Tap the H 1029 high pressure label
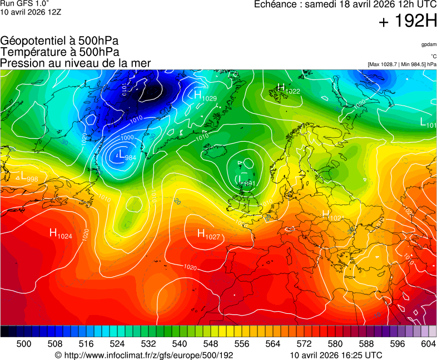(205, 96)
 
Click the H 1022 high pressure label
(288, 89)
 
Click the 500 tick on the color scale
(24, 344)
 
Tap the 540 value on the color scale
(180, 344)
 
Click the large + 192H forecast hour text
(408, 22)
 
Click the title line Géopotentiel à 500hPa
(59, 41)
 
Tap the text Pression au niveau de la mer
(76, 63)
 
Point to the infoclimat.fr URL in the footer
(143, 355)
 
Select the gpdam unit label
(429, 44)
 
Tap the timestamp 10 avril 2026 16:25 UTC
(336, 355)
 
